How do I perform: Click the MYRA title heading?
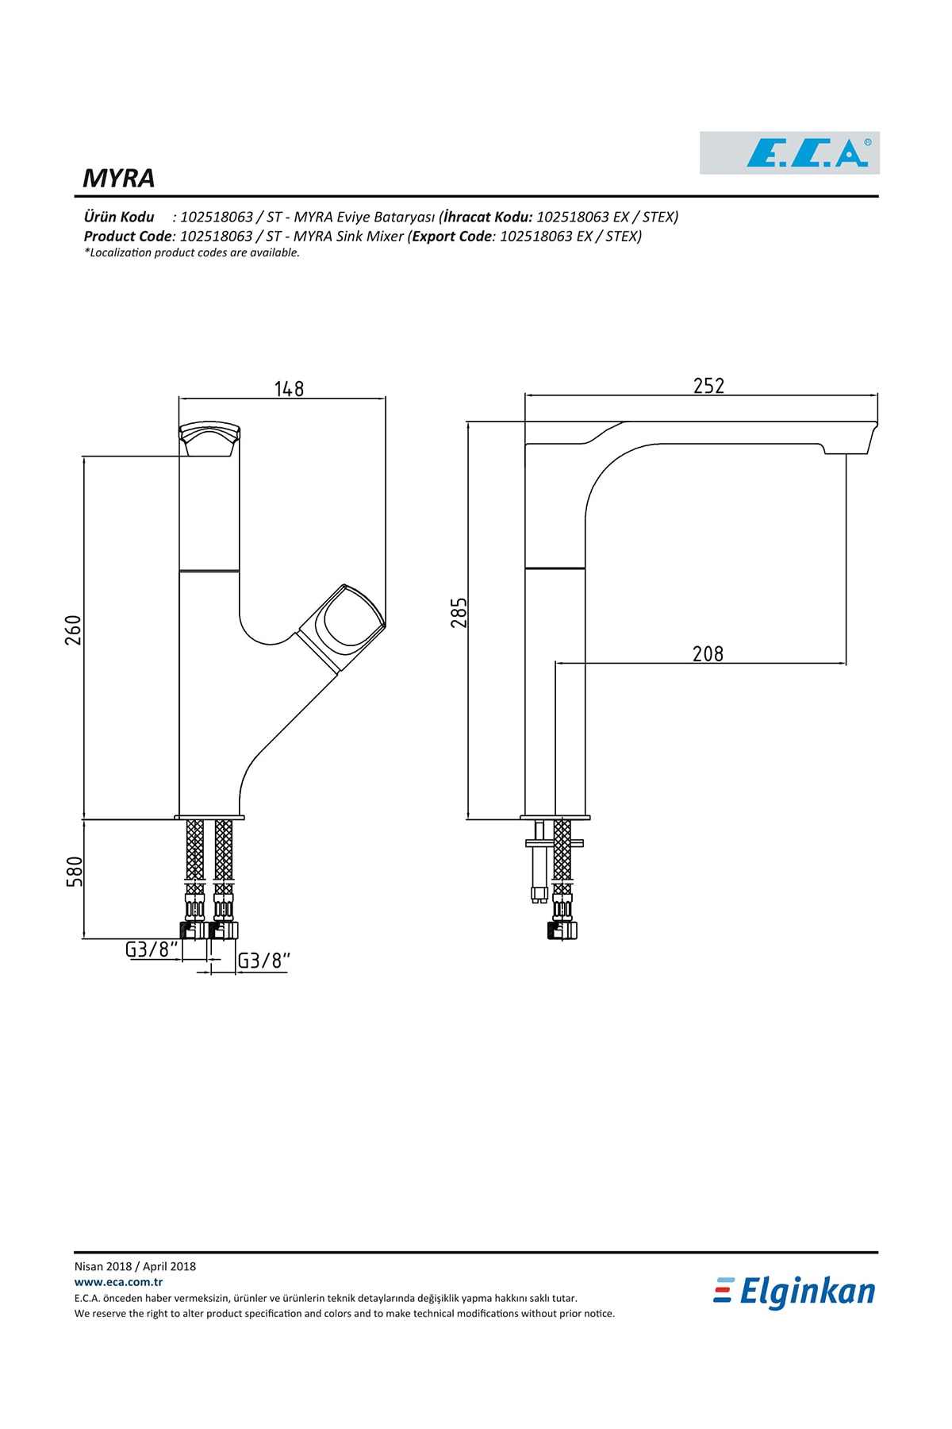pos(119,178)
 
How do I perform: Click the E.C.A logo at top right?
pos(789,152)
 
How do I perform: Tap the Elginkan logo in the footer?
pos(794,1292)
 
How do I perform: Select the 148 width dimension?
pos(289,388)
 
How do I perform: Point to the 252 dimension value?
pos(708,385)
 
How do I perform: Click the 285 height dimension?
pos(459,613)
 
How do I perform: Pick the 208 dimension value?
pos(708,653)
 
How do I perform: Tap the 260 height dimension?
pos(73,630)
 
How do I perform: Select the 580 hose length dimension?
pos(73,872)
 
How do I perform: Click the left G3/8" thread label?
pos(152,949)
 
